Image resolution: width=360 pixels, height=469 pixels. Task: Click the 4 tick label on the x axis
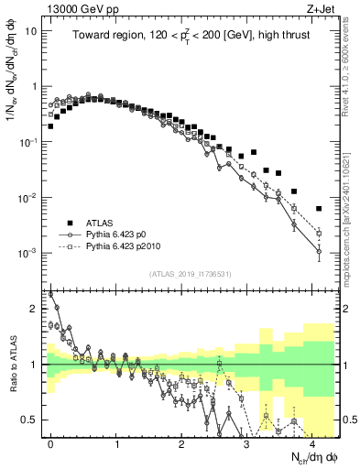pyautogui.click(x=313, y=442)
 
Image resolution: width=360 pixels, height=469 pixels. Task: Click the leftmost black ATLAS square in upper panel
pyautogui.click(x=50, y=126)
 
